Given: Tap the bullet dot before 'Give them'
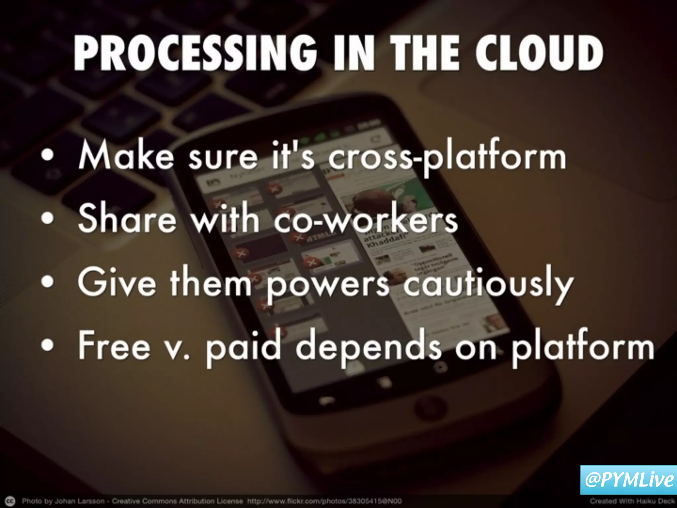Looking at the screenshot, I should tap(48, 282).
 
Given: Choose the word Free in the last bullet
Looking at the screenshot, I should tap(114, 346).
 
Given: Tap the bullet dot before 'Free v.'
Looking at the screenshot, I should tap(48, 345).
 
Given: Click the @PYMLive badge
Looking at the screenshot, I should tap(628, 480).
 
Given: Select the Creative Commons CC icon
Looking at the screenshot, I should tap(10, 501).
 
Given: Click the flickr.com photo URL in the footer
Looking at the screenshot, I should tap(324, 501).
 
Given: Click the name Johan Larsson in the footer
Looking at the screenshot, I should tap(79, 501).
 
